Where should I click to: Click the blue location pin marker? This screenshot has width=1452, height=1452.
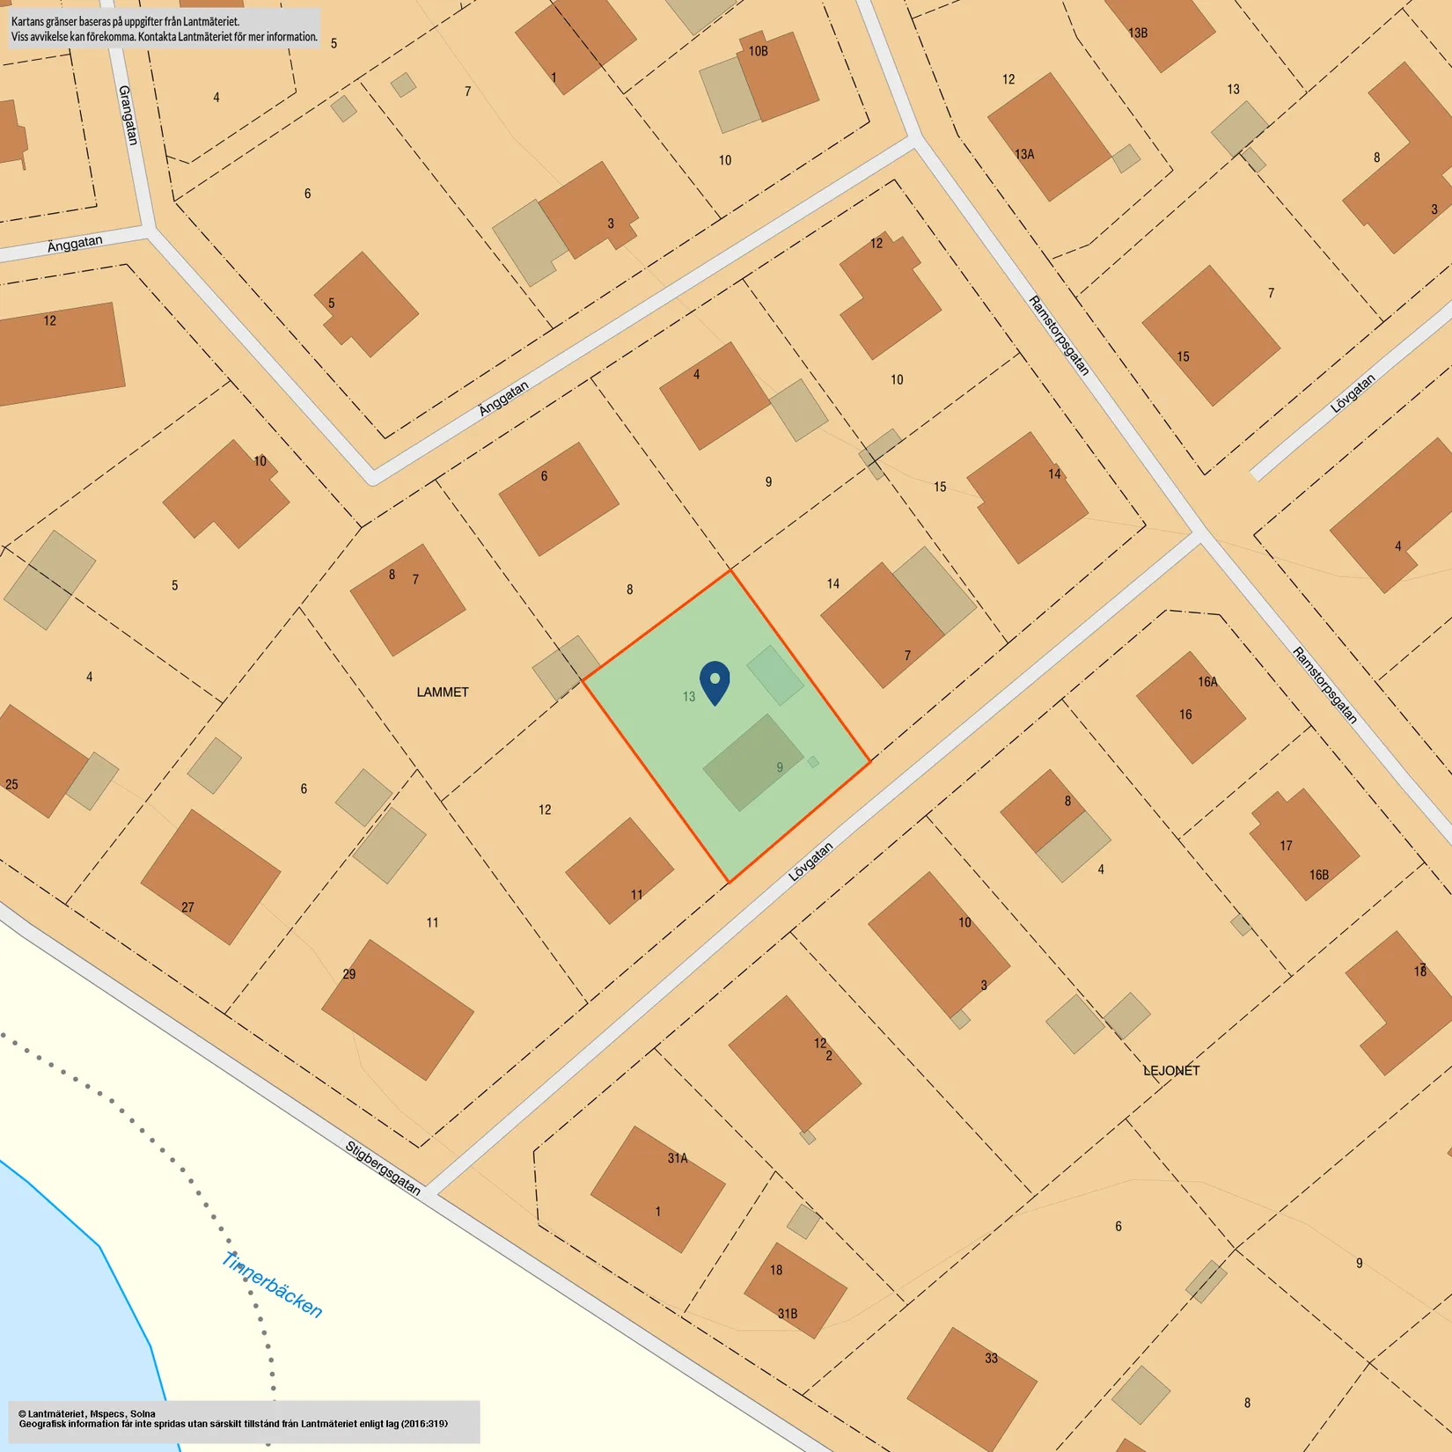click(715, 682)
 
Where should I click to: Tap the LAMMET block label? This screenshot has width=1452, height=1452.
click(442, 693)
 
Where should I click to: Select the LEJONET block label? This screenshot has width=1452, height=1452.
click(1170, 1071)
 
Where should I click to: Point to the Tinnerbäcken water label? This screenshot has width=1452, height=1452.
click(272, 1286)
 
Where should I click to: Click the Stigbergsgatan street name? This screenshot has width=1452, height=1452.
click(383, 1168)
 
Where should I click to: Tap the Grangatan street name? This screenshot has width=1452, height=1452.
click(128, 114)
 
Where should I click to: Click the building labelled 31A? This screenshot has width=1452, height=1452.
click(657, 1189)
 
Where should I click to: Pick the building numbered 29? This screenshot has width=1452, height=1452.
click(398, 1009)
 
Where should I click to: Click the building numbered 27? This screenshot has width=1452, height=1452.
click(210, 877)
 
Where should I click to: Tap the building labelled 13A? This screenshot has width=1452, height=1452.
click(1048, 136)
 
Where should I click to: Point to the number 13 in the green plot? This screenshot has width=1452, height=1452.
click(689, 697)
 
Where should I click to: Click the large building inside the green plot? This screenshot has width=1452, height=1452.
click(752, 762)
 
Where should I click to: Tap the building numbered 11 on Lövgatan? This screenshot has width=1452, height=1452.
click(620, 870)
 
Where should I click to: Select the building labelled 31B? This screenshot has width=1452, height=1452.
click(796, 1290)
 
